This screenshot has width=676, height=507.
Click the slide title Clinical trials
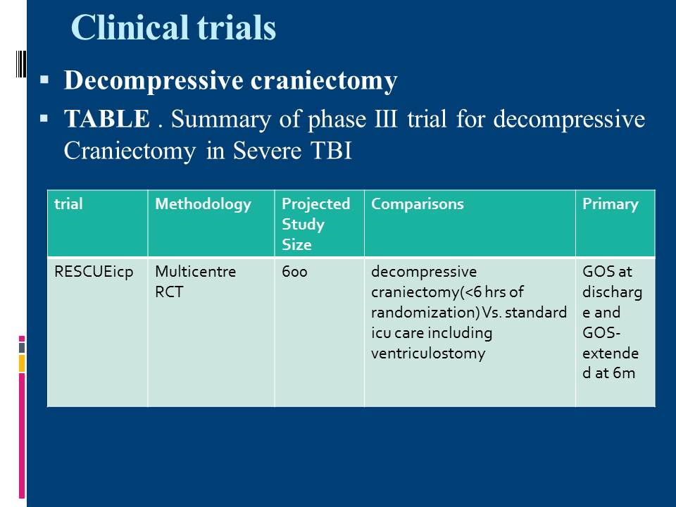click(173, 27)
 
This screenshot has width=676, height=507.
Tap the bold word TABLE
click(107, 118)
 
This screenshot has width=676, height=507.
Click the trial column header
click(68, 204)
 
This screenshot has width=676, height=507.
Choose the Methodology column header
click(203, 204)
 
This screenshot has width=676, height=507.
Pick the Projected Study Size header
click(315, 224)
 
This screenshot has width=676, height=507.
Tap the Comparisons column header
click(418, 204)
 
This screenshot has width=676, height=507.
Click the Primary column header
click(611, 204)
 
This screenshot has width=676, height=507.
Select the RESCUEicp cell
click(94, 272)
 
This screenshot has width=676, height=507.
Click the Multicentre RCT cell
click(195, 282)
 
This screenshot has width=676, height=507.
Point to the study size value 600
click(294, 272)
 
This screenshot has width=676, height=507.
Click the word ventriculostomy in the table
click(428, 353)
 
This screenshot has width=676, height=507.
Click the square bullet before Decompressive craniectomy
click(44, 80)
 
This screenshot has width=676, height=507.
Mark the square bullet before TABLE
click(44, 118)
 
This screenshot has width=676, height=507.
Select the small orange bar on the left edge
click(22, 363)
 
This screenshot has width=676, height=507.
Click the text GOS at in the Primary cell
click(607, 272)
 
